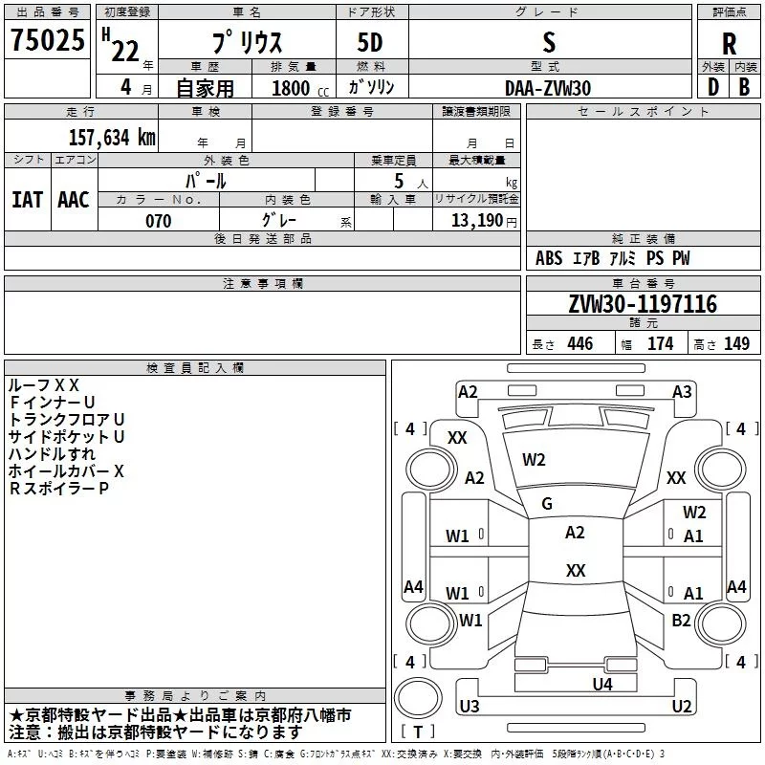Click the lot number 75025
[48, 39]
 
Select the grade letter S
[549, 42]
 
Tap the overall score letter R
[729, 44]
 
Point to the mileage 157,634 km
[112, 137]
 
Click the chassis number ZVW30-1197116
[643, 304]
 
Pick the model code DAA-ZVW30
[548, 88]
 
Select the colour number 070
[159, 221]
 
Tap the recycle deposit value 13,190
[476, 220]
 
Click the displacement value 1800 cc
[300, 88]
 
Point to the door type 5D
[370, 42]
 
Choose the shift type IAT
[28, 200]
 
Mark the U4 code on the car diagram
[602, 684]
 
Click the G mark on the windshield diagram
[547, 504]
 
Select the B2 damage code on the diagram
[681, 620]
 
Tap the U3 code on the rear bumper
[470, 706]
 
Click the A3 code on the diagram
[682, 392]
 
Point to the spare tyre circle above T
[418, 698]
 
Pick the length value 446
[580, 343]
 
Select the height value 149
[736, 343]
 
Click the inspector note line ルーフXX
[43, 385]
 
